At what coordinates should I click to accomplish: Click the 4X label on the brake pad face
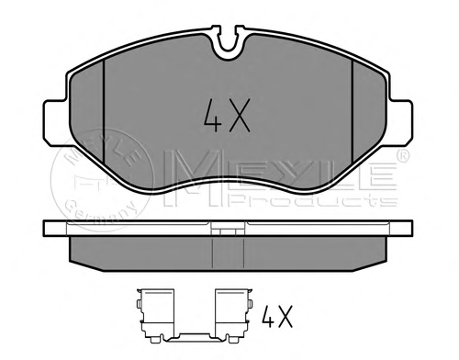[227, 116]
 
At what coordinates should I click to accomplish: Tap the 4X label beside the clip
[277, 316]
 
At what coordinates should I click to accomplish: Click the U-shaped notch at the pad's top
[229, 42]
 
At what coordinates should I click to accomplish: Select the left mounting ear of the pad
[55, 122]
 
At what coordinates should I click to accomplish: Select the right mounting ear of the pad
[400, 122]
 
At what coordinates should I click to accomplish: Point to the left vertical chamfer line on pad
[104, 111]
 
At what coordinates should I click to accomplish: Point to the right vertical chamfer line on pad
[353, 111]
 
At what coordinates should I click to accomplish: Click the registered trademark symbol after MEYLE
[403, 155]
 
